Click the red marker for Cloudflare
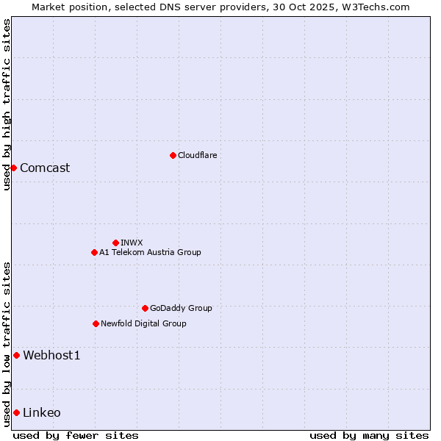click(173, 155)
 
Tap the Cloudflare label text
click(198, 155)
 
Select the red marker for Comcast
click(13, 168)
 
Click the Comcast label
click(45, 168)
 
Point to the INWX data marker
click(115, 243)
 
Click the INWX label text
click(132, 243)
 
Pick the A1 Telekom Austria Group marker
click(94, 252)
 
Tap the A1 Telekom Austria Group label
click(150, 252)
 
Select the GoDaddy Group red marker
click(145, 308)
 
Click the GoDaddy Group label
click(181, 308)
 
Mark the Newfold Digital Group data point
click(96, 323)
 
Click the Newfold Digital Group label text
click(143, 323)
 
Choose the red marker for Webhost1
click(16, 356)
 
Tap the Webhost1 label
click(51, 356)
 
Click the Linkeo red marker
click(16, 412)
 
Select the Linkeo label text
click(42, 412)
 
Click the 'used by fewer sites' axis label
click(76, 435)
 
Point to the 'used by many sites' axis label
click(369, 435)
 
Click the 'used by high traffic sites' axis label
click(7, 104)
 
